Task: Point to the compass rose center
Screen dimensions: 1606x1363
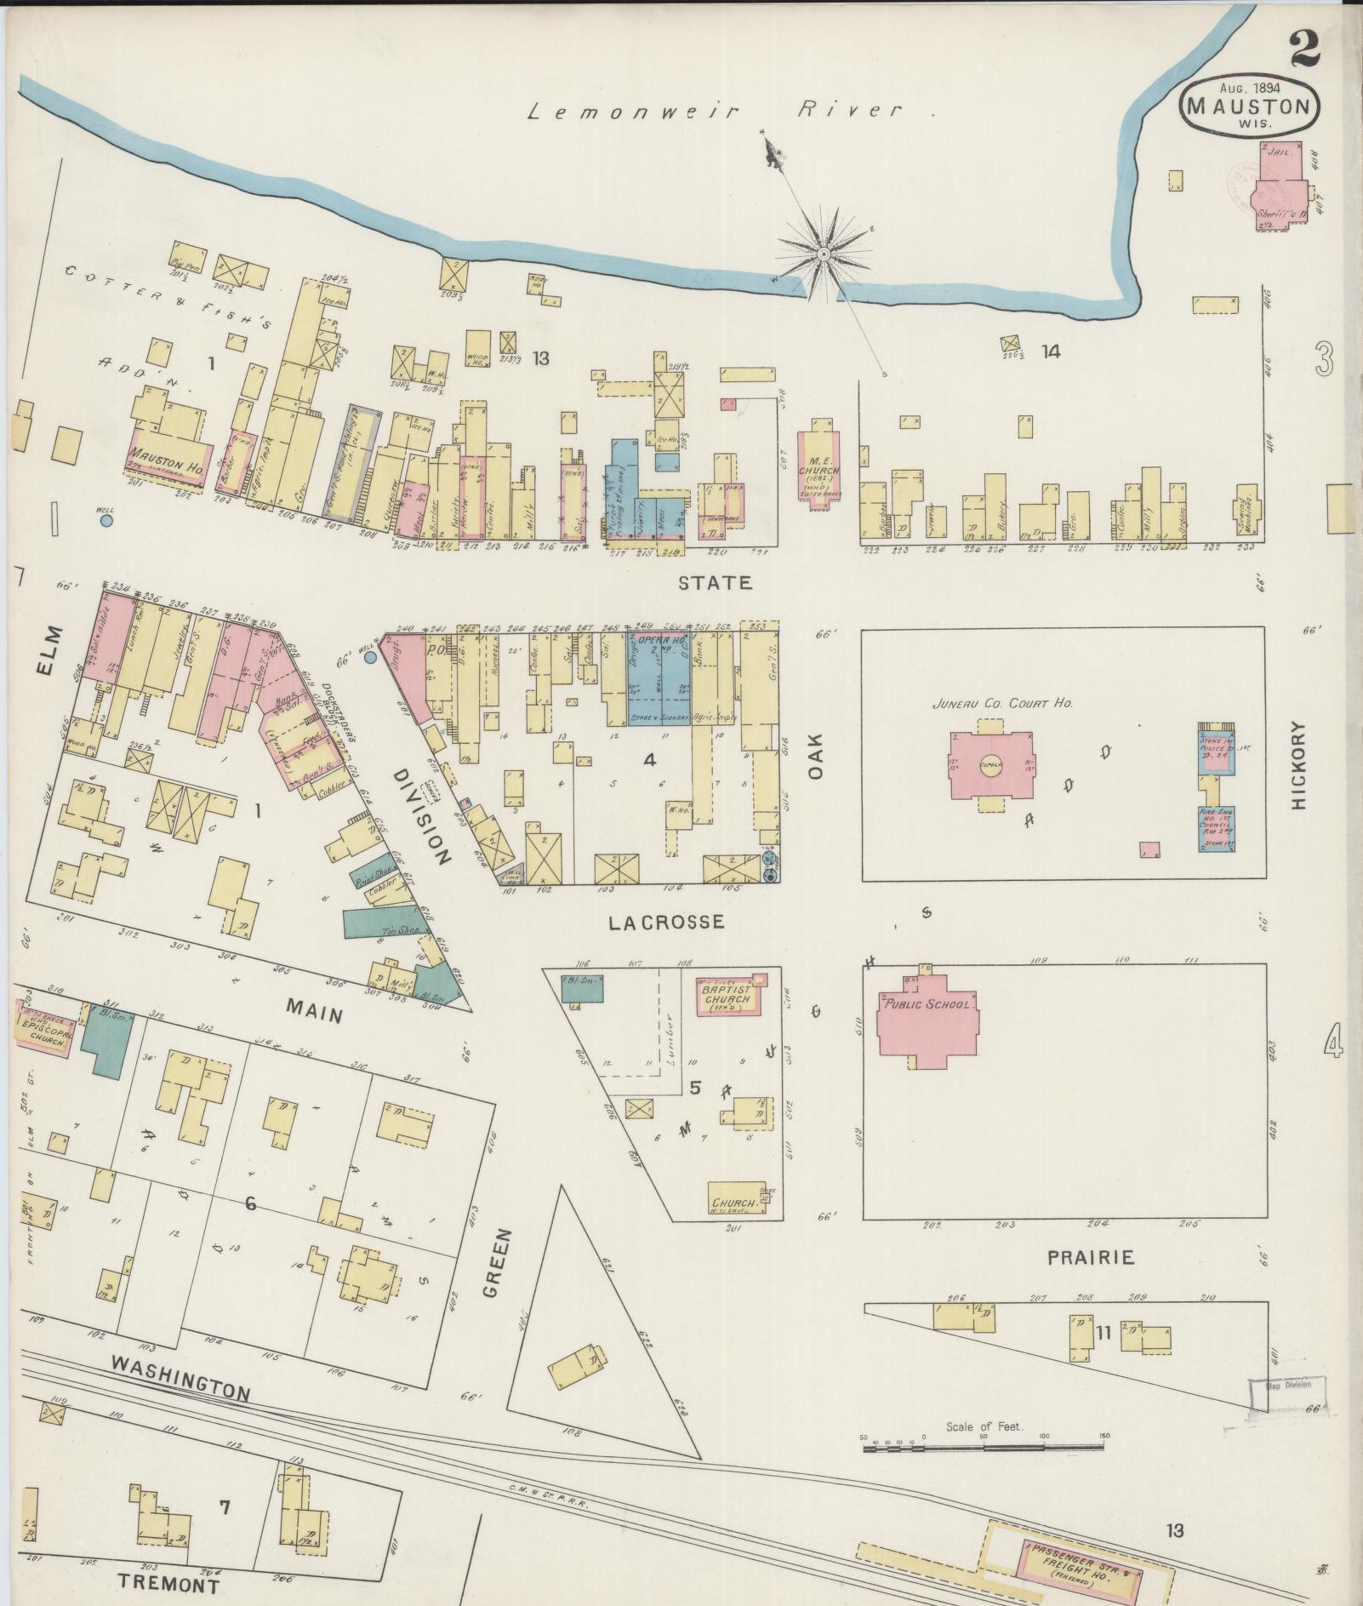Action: tap(824, 254)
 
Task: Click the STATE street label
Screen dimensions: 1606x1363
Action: tap(716, 582)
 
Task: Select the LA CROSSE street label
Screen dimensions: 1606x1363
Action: tap(666, 922)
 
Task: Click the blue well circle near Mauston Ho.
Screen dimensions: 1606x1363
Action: tap(106, 520)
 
